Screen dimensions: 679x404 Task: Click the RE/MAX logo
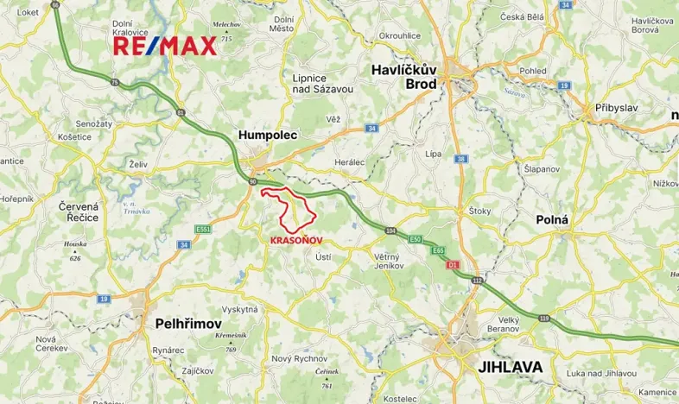pos(164,47)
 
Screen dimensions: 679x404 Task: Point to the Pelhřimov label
pos(192,324)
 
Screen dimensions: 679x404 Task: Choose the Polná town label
pos(552,219)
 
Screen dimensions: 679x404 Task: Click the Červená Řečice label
pos(77,211)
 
